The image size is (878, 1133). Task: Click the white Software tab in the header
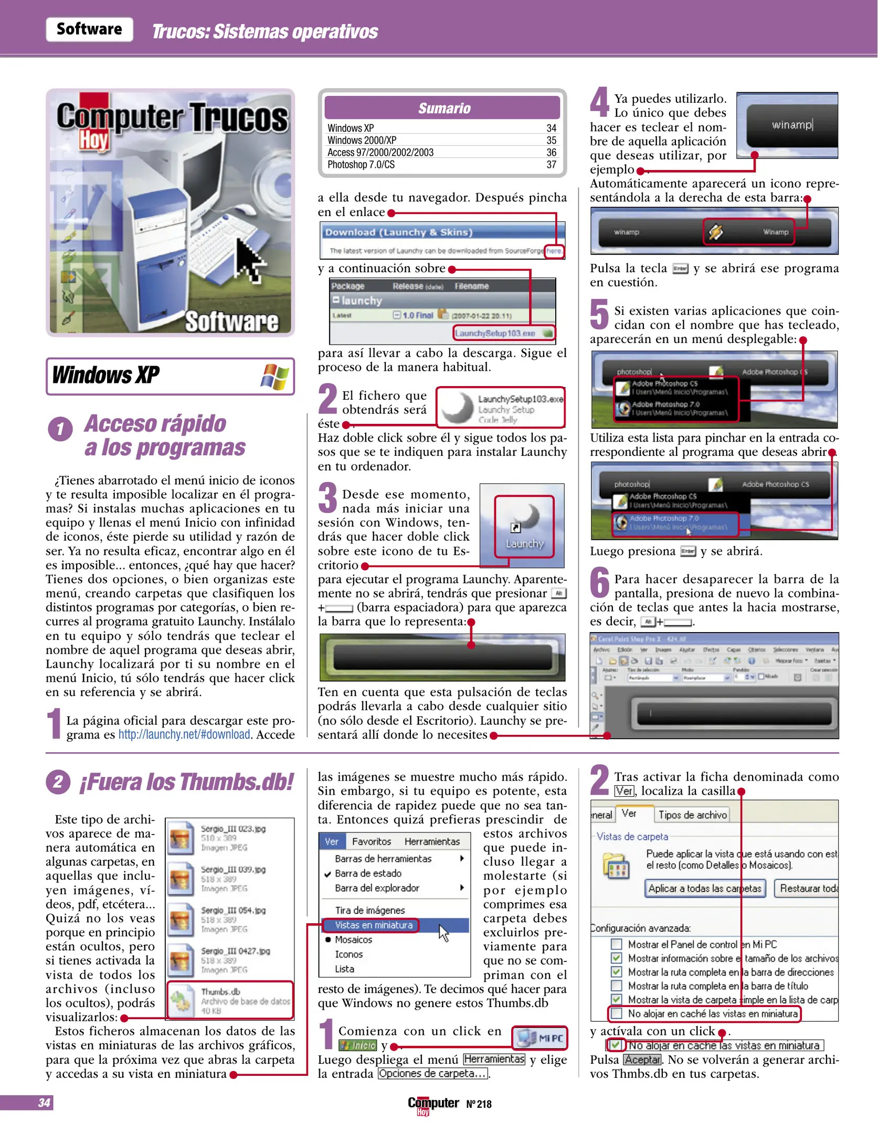click(x=89, y=29)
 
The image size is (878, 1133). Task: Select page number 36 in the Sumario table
click(x=551, y=153)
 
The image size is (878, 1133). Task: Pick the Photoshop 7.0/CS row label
click(x=361, y=165)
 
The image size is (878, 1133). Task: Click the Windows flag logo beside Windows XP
click(x=274, y=376)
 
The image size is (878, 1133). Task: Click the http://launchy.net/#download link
click(x=184, y=734)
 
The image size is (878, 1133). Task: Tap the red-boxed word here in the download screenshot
click(x=554, y=251)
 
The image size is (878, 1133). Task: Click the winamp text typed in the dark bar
click(x=791, y=125)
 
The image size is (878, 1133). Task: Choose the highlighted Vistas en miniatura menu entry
click(x=374, y=925)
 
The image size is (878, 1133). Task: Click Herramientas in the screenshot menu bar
click(x=432, y=841)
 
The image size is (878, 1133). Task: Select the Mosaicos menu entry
click(x=353, y=940)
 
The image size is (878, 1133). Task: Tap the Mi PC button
click(x=540, y=1038)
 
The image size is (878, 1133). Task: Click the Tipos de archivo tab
click(x=692, y=815)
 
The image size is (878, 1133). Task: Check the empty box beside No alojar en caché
click(x=616, y=1013)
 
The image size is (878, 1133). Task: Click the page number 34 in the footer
click(x=44, y=1103)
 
